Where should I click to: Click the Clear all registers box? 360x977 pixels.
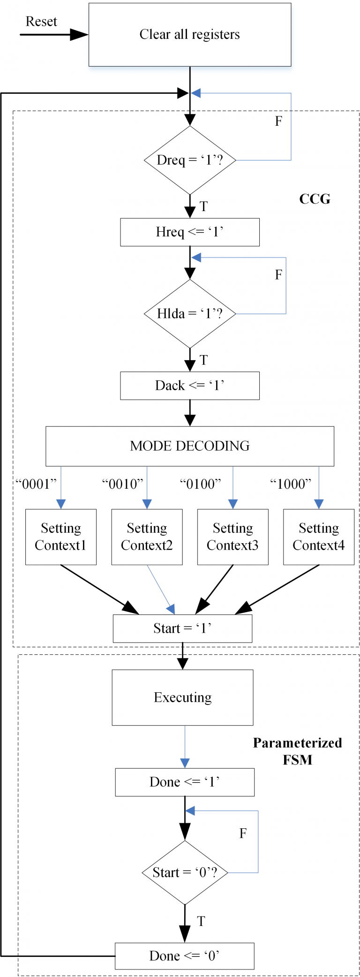pyautogui.click(x=190, y=35)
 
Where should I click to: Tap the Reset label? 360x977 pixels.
pyautogui.click(x=41, y=22)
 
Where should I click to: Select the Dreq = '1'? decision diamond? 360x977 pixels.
pyautogui.click(x=190, y=160)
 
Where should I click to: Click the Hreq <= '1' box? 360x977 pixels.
pyautogui.click(x=190, y=232)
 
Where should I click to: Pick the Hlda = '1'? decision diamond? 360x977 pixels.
pyautogui.click(x=190, y=313)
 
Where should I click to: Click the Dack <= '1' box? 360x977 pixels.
pyautogui.click(x=190, y=386)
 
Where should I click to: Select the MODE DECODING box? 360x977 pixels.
pyautogui.click(x=190, y=446)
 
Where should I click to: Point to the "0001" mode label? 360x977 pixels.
pyautogui.click(x=36, y=484)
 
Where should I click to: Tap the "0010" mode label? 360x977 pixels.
pyautogui.click(x=123, y=484)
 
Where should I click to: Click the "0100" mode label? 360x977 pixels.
pyautogui.click(x=201, y=484)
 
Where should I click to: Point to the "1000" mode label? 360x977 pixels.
pyautogui.click(x=291, y=484)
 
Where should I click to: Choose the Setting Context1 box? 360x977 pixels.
pyautogui.click(x=61, y=537)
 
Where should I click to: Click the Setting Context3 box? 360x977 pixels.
pyautogui.click(x=233, y=537)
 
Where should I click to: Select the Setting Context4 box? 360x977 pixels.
pyautogui.click(x=319, y=537)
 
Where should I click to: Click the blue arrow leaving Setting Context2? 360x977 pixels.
pyautogui.click(x=161, y=590)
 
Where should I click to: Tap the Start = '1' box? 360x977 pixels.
pyautogui.click(x=183, y=629)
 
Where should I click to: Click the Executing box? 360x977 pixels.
pyautogui.click(x=183, y=697)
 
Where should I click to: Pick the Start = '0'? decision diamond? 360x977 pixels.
pyautogui.click(x=185, y=872)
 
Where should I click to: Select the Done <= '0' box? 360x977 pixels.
pyautogui.click(x=185, y=956)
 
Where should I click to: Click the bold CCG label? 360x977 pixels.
pyautogui.click(x=315, y=199)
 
